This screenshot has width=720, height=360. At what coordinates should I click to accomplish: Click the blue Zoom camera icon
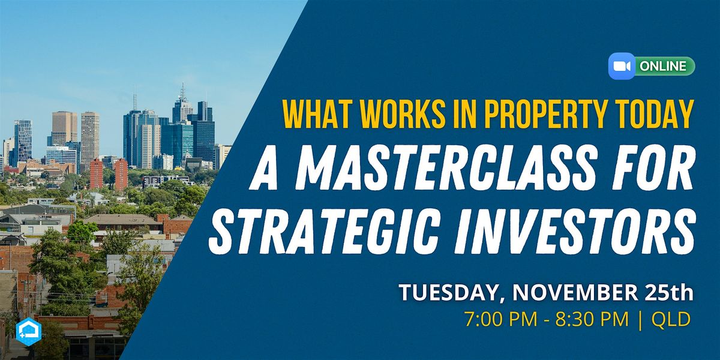620,66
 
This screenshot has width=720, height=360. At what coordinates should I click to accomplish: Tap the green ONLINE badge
664,66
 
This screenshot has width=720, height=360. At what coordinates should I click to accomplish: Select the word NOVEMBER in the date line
570,293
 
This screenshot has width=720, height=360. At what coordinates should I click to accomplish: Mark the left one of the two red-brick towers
96,173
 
